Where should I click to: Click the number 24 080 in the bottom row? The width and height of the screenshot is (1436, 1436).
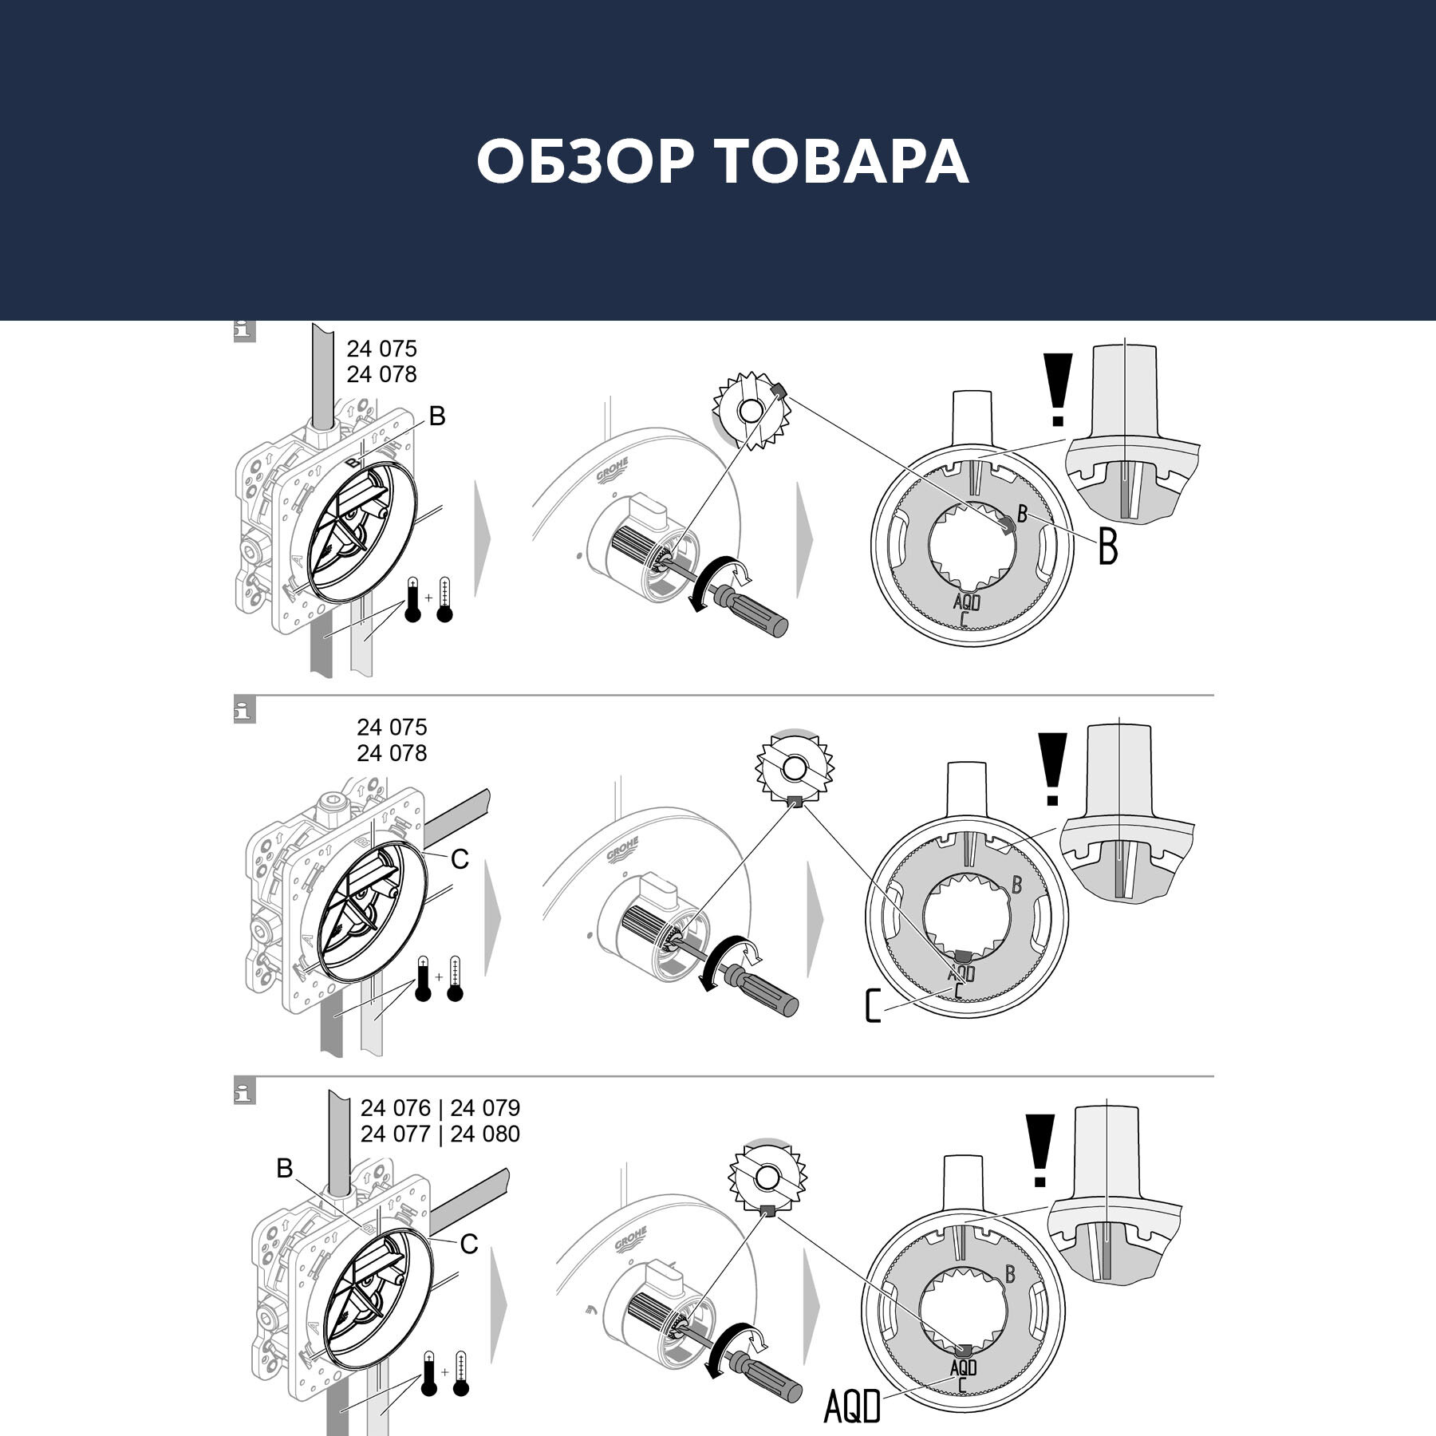pos(485,1134)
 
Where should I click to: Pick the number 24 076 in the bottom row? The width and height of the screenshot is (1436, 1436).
pos(396,1108)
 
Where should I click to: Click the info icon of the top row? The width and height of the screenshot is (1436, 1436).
pos(244,332)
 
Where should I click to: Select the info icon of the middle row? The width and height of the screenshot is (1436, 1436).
pos(244,710)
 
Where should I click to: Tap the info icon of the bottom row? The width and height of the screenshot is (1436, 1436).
pos(244,1092)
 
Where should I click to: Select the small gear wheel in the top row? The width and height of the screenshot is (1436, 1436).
pos(750,412)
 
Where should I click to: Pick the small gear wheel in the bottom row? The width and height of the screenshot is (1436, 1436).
pos(767,1178)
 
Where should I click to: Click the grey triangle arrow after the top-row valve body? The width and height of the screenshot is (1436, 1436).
pos(483,538)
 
